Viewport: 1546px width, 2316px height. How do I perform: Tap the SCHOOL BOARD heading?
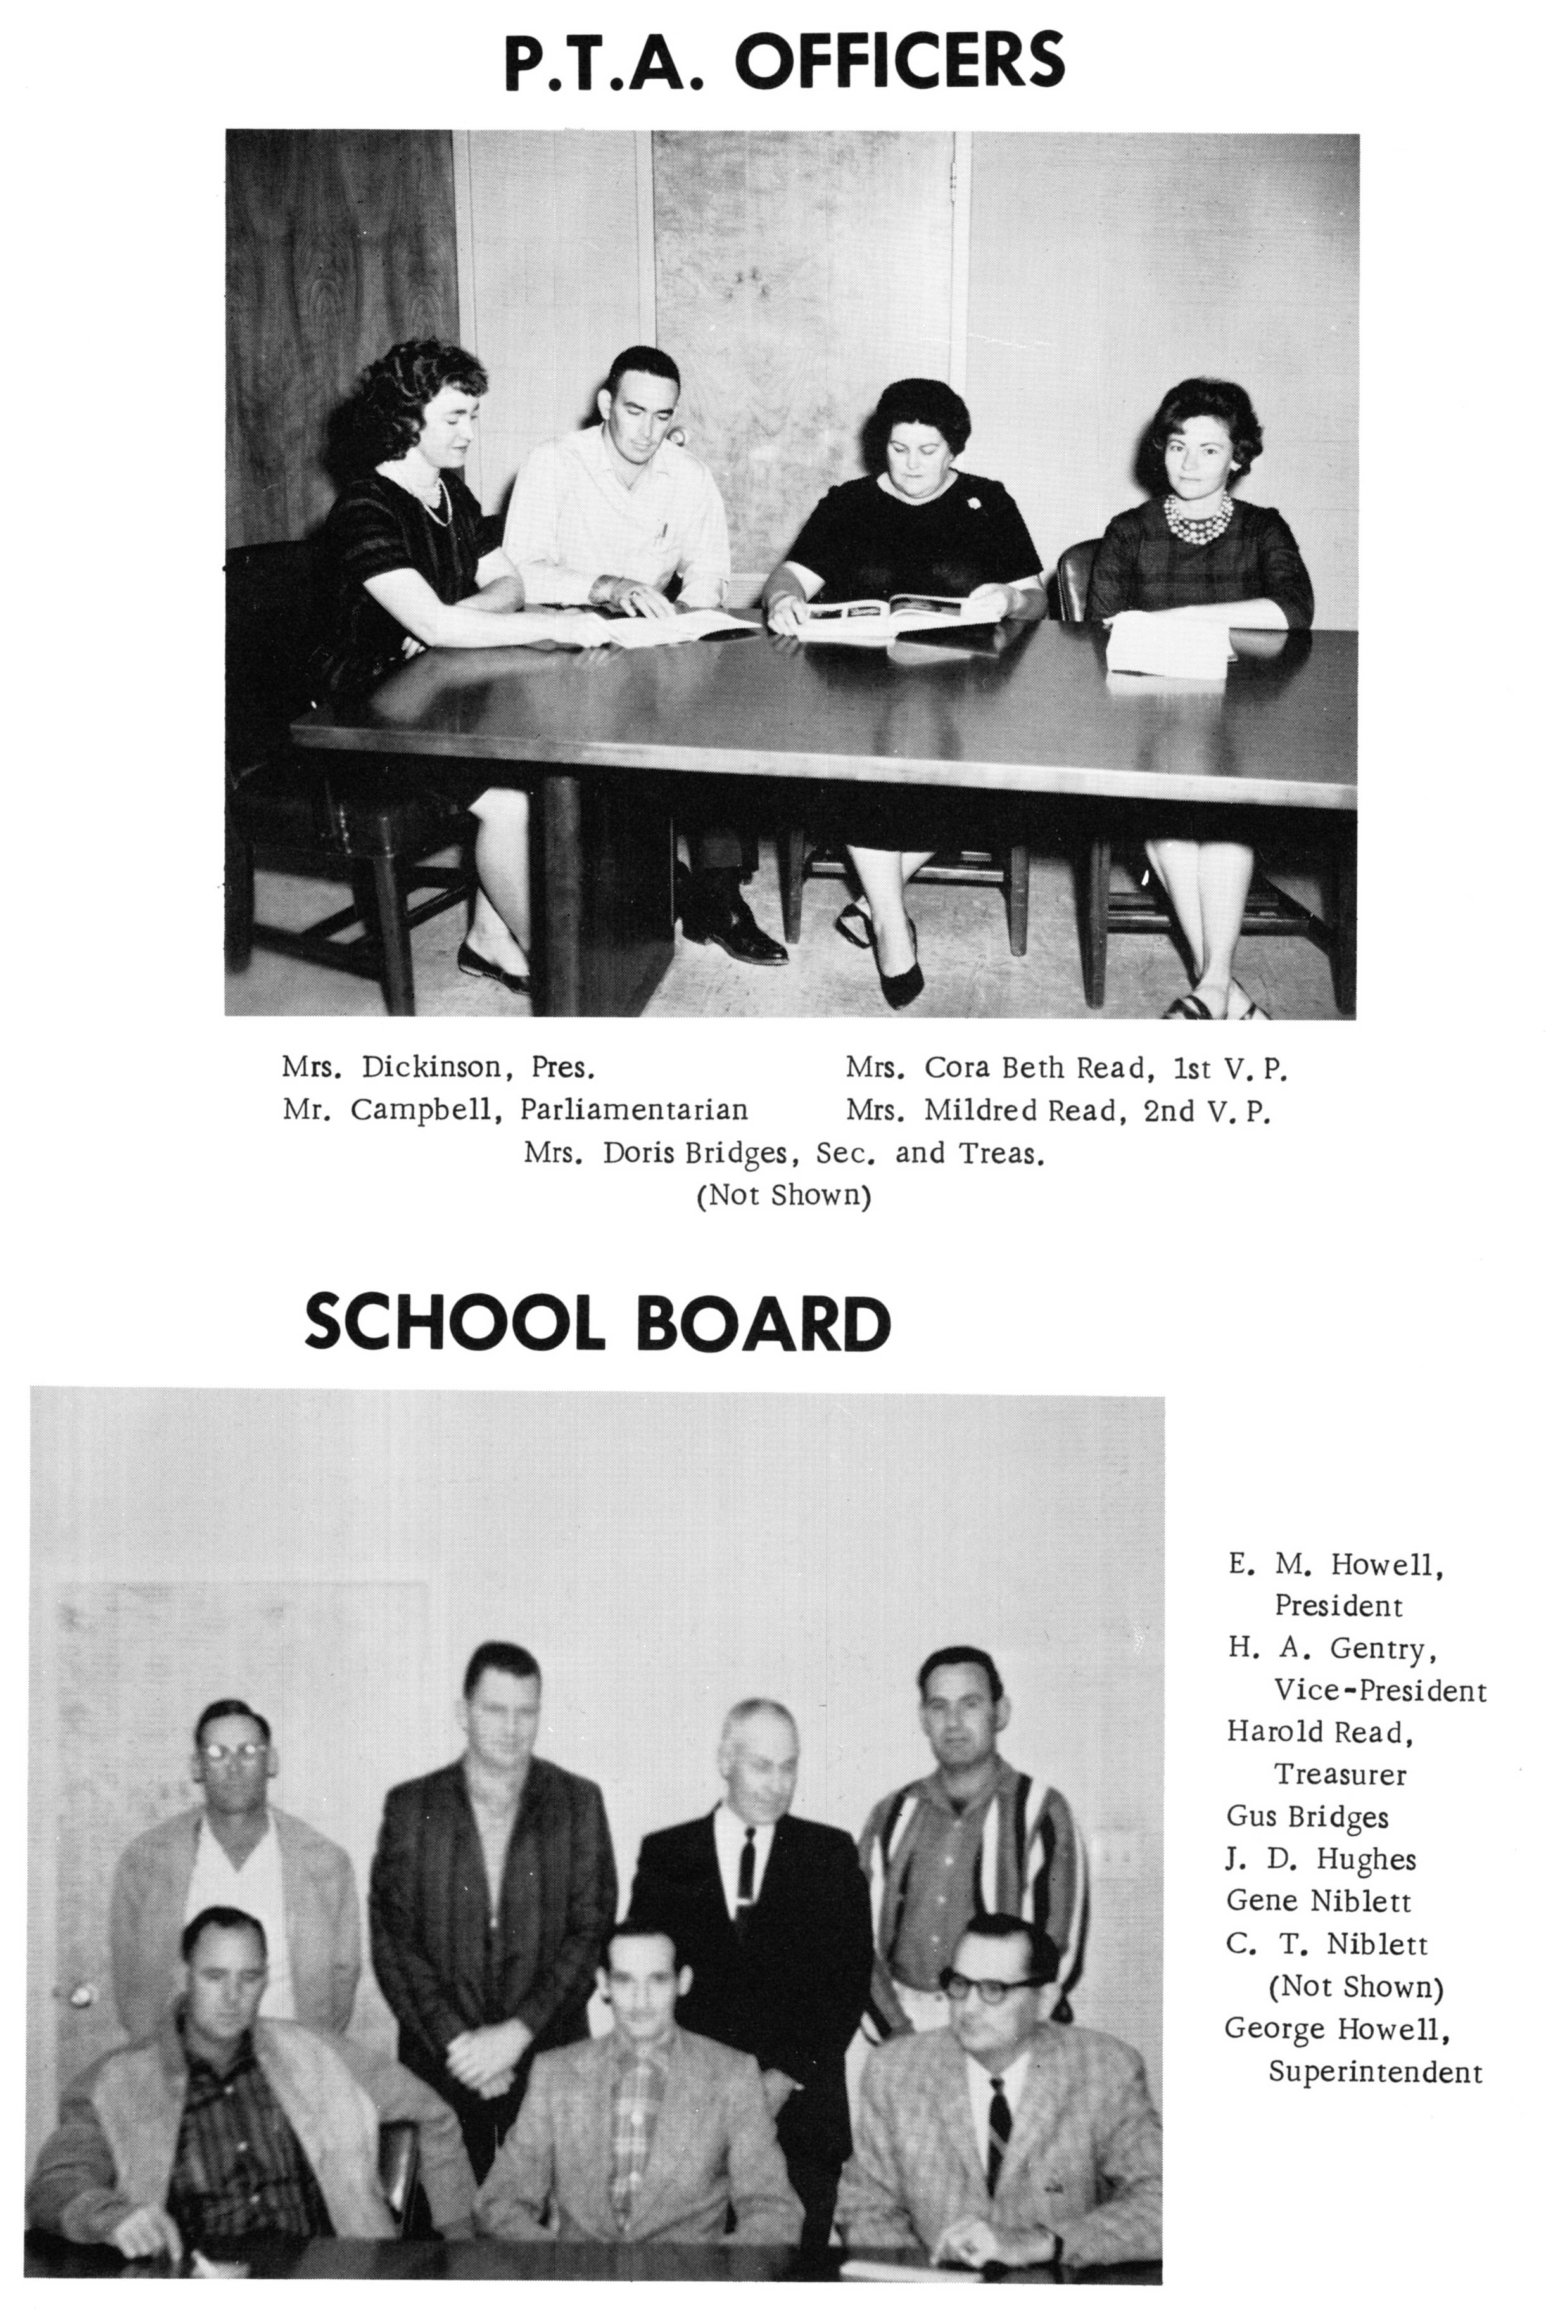point(597,1323)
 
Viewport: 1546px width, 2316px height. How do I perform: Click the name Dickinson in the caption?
point(431,1068)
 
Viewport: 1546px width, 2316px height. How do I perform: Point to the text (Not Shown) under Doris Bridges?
point(784,1196)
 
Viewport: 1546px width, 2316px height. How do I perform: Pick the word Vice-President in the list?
point(1379,1690)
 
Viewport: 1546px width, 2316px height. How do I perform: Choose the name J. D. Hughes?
point(1321,1859)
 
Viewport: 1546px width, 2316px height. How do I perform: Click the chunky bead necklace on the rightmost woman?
point(1198,519)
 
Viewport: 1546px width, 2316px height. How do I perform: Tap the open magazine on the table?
point(897,613)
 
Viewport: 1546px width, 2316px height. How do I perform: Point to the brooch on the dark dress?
point(974,503)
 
